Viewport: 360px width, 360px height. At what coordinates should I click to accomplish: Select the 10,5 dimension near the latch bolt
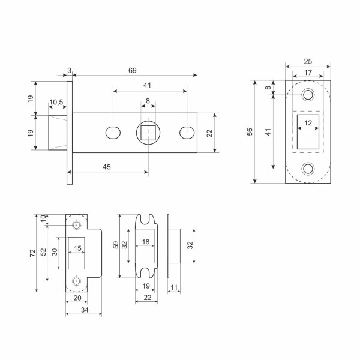coord(57,103)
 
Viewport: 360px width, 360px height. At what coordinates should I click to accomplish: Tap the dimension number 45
coord(106,167)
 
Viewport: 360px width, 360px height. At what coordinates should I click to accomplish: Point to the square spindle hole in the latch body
coord(148,132)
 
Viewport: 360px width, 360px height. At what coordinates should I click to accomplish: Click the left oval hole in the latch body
coord(112,132)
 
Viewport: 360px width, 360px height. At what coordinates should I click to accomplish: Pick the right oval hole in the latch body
coord(187,132)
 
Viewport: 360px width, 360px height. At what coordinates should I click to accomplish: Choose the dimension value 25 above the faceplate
coord(308,62)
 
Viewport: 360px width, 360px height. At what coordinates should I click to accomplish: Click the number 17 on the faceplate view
coord(308,73)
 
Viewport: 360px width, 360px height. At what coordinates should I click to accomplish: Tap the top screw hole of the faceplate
coord(308,95)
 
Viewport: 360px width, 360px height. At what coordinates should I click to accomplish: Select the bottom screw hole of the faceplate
coord(308,168)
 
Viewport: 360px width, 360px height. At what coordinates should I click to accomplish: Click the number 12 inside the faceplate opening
coord(308,124)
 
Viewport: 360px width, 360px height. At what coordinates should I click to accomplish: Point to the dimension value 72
coord(32,253)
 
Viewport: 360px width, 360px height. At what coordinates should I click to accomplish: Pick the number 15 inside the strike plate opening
coord(77,248)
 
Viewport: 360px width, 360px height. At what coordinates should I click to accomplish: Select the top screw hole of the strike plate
coord(76,224)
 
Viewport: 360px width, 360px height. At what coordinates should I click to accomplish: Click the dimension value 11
coord(174,289)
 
